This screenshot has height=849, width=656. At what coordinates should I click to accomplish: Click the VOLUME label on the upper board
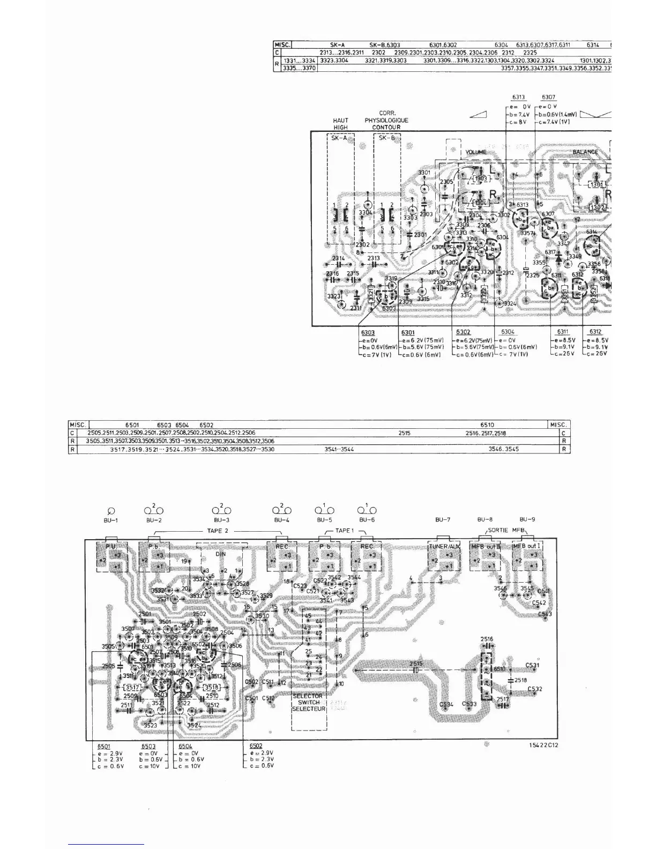tap(475, 152)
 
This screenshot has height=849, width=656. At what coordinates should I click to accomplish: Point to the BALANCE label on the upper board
tap(585, 152)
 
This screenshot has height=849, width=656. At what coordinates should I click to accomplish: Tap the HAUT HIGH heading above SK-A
tap(340, 124)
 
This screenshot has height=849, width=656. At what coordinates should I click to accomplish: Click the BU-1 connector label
tap(111, 520)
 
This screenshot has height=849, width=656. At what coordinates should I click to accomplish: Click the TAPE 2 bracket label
tap(218, 531)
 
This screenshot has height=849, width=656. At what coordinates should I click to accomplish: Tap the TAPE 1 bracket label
tap(345, 531)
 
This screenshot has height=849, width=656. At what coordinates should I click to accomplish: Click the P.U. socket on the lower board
tap(110, 546)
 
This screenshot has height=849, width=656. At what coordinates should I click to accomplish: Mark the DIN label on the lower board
tap(220, 554)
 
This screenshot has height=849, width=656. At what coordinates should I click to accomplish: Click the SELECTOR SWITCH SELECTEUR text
tap(308, 702)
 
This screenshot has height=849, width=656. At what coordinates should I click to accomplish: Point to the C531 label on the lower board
tap(532, 665)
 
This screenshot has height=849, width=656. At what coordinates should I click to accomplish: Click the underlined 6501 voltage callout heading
tap(104, 746)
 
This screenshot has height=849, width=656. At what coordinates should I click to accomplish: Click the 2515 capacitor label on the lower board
tap(416, 664)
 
